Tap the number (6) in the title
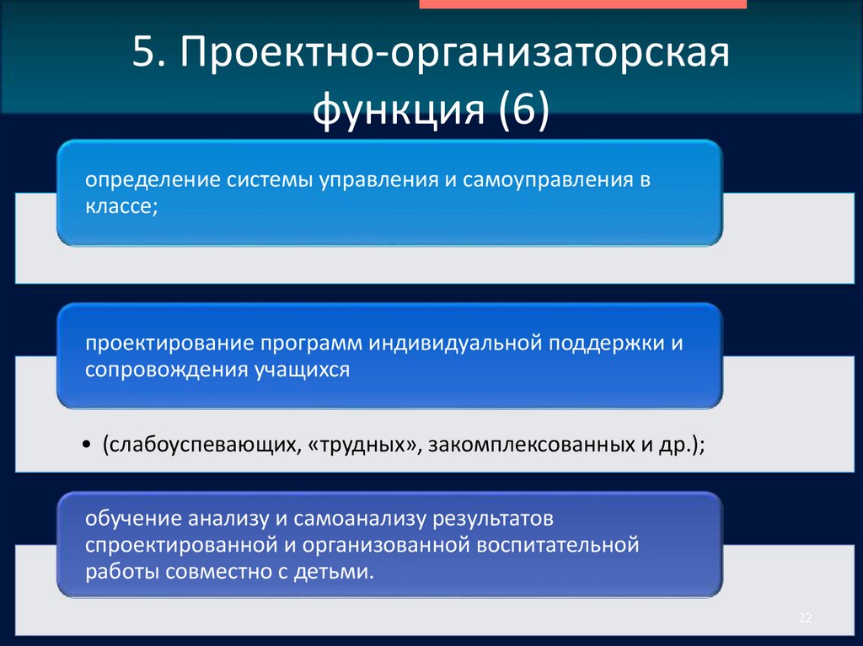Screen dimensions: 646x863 (x=523, y=111)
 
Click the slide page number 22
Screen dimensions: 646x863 (x=804, y=619)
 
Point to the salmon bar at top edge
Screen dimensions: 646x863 (x=582, y=4)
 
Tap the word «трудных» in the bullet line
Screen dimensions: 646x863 (x=366, y=445)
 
